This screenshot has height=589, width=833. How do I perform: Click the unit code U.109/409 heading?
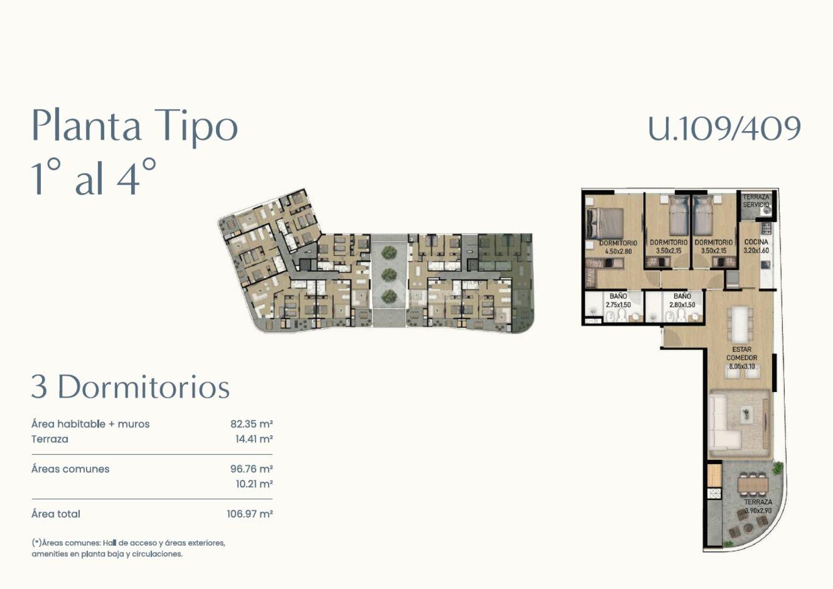click(x=724, y=128)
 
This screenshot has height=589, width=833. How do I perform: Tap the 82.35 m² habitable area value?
click(x=251, y=424)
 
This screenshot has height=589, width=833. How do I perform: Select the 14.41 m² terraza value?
click(x=254, y=439)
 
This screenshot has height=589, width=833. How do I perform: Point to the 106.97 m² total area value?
click(x=250, y=514)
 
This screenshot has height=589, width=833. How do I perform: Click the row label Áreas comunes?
click(x=70, y=469)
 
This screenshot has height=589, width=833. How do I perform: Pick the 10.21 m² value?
click(x=254, y=484)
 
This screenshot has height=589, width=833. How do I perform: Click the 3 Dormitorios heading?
click(x=131, y=387)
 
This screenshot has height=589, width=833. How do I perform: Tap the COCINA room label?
click(x=756, y=242)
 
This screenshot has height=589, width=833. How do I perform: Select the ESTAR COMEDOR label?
click(x=742, y=354)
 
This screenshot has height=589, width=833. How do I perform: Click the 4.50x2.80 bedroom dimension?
click(x=618, y=251)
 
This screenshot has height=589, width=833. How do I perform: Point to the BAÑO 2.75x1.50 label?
click(x=618, y=300)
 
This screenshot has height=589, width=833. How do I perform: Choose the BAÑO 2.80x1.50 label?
click(x=682, y=300)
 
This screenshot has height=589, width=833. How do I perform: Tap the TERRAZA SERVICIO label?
click(x=756, y=201)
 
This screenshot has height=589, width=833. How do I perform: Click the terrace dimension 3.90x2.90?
click(x=758, y=510)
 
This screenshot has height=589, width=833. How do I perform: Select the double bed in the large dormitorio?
click(x=605, y=223)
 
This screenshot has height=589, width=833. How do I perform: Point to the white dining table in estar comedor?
click(x=740, y=324)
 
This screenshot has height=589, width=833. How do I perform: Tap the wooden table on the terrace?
click(x=753, y=484)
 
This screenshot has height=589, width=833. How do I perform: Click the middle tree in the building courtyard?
click(x=389, y=274)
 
